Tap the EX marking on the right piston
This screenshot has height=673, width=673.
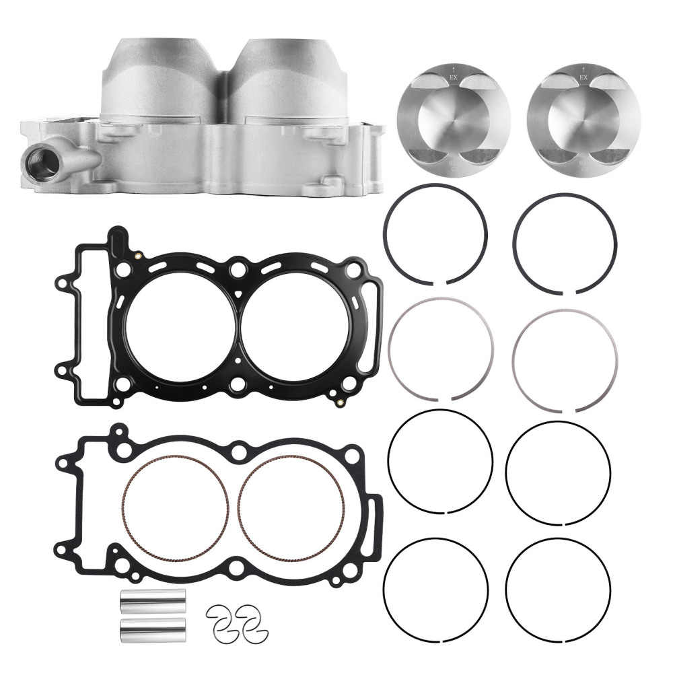pos(583,78)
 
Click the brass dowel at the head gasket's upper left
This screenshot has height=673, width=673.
pos(138,256)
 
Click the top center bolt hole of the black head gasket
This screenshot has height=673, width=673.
pos(236,271)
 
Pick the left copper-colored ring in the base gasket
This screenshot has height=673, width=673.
pos(176,509)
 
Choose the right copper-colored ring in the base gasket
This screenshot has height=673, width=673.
pos(291,509)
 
